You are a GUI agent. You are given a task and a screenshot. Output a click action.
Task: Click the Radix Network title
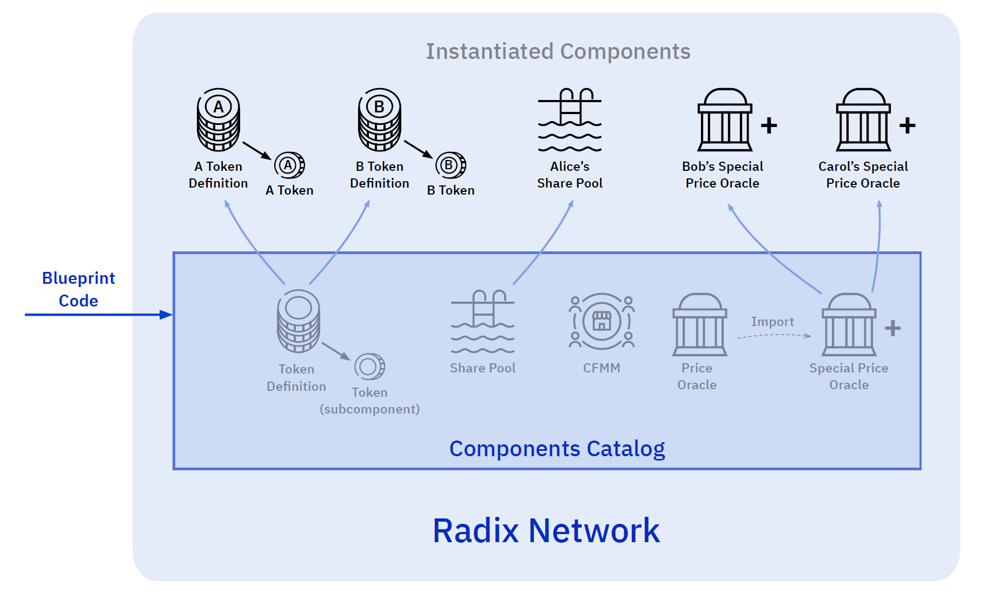(546, 531)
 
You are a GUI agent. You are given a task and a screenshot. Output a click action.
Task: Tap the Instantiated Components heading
(558, 52)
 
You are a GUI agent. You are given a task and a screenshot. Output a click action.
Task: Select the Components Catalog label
(557, 449)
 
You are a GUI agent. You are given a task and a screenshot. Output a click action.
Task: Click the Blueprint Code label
(78, 289)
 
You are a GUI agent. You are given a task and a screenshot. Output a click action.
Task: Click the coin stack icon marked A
(219, 120)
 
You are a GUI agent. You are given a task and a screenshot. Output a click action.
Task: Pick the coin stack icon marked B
(380, 120)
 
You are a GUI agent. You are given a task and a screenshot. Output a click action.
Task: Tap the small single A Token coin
(289, 165)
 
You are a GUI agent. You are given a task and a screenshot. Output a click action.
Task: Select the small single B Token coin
(451, 165)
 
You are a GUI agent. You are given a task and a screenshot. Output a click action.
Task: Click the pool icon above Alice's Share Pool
(570, 120)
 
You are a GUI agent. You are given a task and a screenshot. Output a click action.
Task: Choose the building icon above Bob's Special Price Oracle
(725, 120)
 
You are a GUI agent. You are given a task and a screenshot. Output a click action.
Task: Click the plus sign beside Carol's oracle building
(907, 126)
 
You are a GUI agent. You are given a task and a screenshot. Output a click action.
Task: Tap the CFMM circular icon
(601, 322)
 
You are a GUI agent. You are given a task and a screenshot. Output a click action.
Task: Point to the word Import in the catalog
(772, 322)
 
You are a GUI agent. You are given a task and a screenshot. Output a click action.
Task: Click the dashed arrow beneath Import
(774, 336)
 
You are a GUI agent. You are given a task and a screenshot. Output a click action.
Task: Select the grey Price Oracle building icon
(699, 325)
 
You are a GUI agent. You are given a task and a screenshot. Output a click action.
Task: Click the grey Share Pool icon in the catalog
(482, 323)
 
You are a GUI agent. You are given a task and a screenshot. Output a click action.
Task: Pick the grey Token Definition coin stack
(299, 321)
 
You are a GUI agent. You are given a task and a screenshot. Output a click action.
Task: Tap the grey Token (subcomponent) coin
(370, 367)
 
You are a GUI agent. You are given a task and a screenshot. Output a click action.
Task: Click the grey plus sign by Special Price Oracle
(892, 328)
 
